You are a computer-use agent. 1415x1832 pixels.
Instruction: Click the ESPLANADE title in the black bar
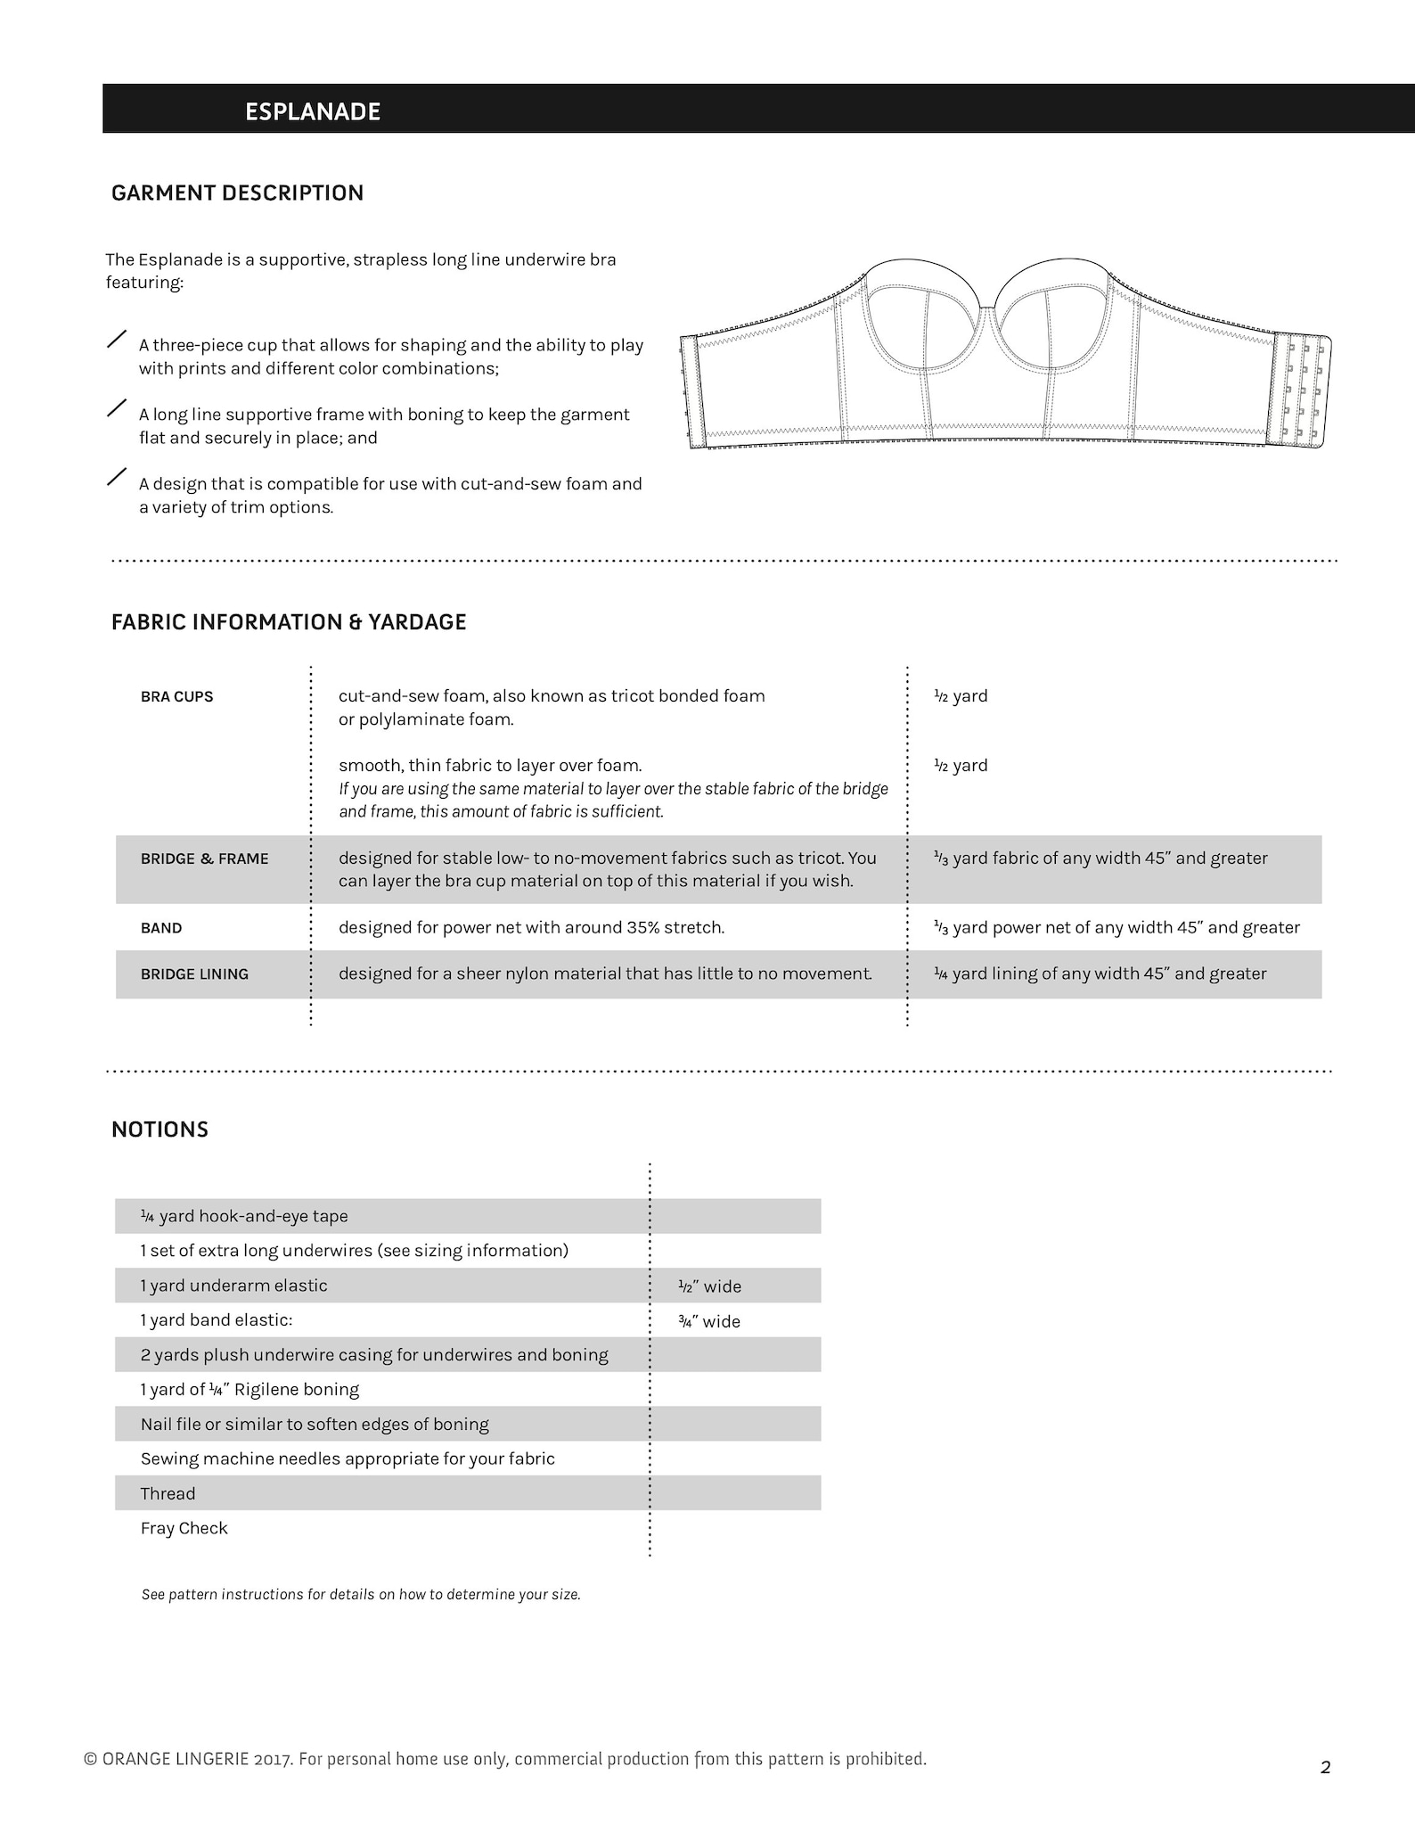(x=313, y=111)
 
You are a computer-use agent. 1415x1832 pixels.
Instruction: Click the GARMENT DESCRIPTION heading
(x=237, y=193)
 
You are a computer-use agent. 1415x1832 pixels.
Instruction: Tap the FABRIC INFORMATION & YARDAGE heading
(x=288, y=621)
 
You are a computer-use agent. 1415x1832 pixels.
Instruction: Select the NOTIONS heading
(x=159, y=1129)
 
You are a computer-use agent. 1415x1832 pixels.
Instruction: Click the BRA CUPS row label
(x=176, y=696)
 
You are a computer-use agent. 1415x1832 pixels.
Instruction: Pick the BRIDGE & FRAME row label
(x=204, y=858)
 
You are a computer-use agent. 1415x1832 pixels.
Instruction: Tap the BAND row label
(x=161, y=928)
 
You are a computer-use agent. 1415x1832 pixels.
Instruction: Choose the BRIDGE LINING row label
(x=194, y=974)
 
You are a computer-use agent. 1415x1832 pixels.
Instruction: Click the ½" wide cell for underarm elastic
(x=709, y=1286)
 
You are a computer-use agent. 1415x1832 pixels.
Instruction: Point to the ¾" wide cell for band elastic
(x=709, y=1321)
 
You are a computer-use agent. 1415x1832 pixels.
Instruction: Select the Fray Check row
(x=184, y=1528)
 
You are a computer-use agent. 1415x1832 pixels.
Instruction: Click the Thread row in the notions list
(x=168, y=1493)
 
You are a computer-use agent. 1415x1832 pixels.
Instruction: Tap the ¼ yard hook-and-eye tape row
(x=244, y=1216)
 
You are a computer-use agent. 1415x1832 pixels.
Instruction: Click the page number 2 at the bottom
(x=1325, y=1767)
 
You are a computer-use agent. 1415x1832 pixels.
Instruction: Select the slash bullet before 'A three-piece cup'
(x=117, y=339)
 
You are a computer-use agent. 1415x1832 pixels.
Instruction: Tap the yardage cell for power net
(x=1116, y=927)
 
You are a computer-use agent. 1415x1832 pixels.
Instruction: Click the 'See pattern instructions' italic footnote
(x=360, y=1594)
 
